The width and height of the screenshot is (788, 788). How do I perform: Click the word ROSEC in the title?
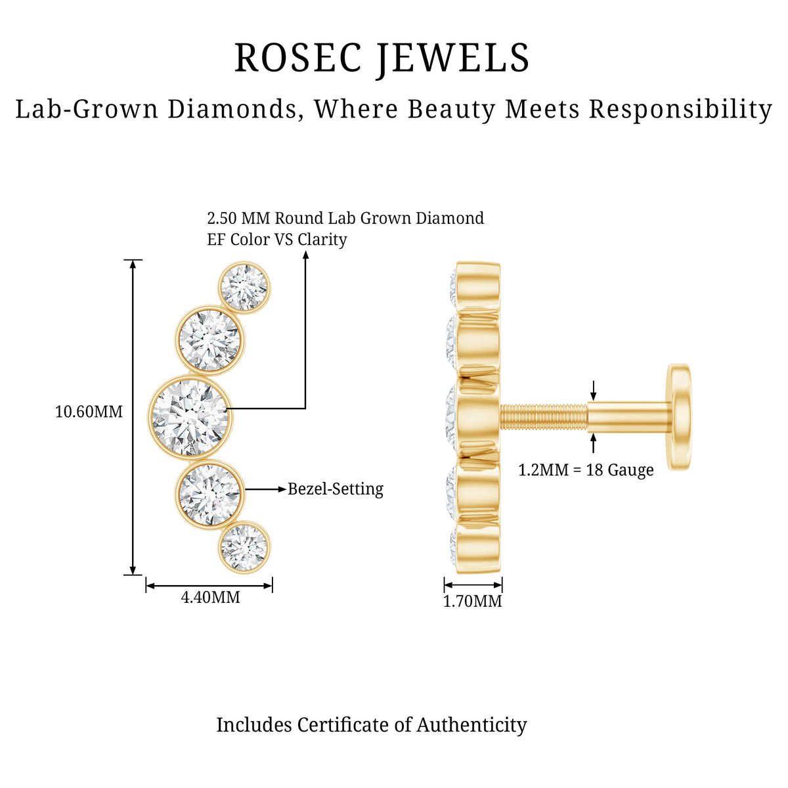(299, 58)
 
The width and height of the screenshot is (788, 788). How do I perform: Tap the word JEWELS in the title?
(453, 60)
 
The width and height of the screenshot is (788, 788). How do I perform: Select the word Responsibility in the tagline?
(680, 110)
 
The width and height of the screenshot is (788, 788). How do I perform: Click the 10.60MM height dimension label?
(89, 411)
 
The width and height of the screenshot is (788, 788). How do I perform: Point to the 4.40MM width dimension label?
(210, 598)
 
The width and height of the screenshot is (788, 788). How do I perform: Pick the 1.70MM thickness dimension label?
(473, 601)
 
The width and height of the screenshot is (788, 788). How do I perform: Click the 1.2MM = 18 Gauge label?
(586, 470)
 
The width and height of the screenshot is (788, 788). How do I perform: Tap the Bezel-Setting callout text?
(336, 489)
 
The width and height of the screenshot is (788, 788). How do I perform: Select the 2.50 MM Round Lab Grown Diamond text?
(345, 218)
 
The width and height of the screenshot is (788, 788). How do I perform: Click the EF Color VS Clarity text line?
(277, 239)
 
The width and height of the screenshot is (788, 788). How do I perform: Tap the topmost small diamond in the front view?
(244, 288)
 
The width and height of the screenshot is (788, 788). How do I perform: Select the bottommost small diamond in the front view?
(244, 547)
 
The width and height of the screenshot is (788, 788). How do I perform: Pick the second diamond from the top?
(210, 340)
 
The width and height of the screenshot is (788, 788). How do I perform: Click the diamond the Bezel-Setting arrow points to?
(210, 494)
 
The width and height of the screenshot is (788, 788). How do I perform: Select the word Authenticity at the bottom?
(471, 726)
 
